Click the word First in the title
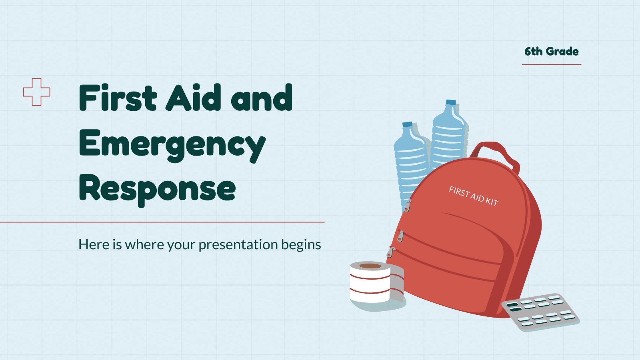118,97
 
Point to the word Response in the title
157,190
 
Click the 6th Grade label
552,52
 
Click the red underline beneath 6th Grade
552,64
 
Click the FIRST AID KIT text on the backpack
474,196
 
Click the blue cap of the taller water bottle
451,102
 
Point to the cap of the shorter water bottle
408,124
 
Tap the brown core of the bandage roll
370,266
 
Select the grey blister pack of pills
540,312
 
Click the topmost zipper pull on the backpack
407,206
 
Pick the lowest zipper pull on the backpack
390,252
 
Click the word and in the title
262,97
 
